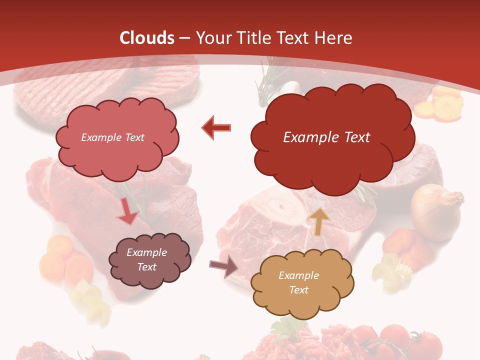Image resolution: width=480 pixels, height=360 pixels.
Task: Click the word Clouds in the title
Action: [147, 38]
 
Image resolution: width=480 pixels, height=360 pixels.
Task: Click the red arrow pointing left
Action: [216, 127]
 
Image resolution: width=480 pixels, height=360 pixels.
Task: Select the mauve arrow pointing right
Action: [224, 267]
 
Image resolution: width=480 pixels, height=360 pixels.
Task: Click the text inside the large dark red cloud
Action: [326, 137]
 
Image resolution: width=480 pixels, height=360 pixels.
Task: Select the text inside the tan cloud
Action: [298, 282]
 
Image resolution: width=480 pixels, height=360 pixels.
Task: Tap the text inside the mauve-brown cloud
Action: [146, 260]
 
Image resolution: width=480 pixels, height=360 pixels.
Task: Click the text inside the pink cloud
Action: [112, 137]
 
